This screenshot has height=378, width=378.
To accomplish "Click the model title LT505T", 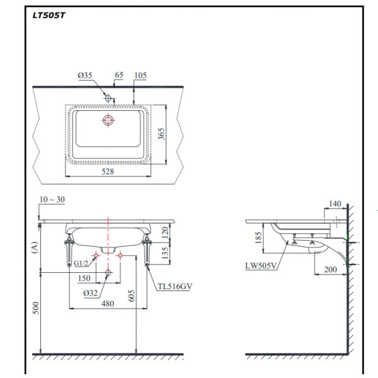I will [x=49, y=16].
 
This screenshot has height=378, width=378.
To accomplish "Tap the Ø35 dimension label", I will [x=85, y=76].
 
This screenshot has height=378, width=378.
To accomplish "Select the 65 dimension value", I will [x=118, y=75].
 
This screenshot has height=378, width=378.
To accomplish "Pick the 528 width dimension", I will [x=108, y=171].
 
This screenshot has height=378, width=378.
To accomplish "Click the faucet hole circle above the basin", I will [x=108, y=99].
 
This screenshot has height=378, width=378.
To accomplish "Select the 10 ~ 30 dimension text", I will [x=51, y=200].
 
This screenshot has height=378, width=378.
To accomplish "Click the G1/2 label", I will [x=81, y=263].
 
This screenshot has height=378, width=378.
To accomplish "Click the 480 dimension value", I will [x=108, y=304].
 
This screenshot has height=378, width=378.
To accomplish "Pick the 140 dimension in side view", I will [x=335, y=204].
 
